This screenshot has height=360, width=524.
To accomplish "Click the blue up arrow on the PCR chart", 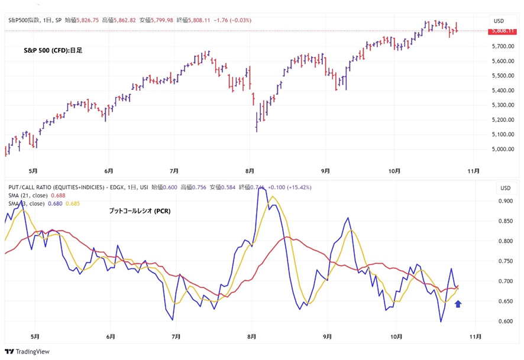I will (x=458, y=304).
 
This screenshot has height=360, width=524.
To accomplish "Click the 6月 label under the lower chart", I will (x=111, y=337).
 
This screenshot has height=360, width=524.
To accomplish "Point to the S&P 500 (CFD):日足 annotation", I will (x=53, y=51).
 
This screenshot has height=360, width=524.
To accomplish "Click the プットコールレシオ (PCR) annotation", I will (x=140, y=211).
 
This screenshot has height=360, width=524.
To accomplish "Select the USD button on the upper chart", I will (x=498, y=21).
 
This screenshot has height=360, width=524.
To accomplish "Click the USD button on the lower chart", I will (x=505, y=188).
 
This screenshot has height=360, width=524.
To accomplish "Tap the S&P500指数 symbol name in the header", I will (x=24, y=21).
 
